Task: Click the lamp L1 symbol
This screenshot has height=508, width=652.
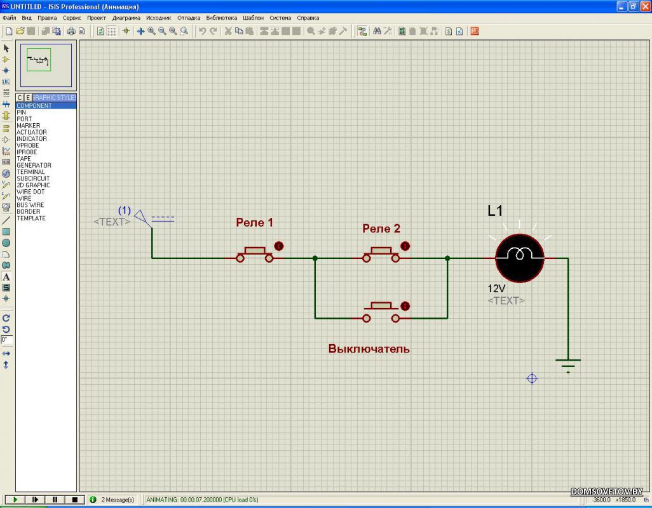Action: tap(519, 258)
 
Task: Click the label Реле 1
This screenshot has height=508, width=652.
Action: tap(254, 223)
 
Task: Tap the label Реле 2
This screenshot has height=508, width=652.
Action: tap(381, 229)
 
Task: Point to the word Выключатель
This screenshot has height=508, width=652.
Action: tap(369, 349)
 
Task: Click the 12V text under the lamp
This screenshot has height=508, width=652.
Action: tap(496, 288)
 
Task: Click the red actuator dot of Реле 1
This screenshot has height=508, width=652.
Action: tap(278, 246)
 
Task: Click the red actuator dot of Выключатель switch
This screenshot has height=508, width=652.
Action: tap(405, 306)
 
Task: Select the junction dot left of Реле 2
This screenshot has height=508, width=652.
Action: tap(315, 258)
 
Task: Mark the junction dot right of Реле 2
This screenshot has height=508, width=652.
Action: tap(447, 258)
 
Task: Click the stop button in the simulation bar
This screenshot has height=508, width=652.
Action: tap(75, 500)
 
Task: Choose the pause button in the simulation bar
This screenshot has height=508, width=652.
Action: tap(55, 500)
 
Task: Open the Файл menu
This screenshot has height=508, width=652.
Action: tap(9, 18)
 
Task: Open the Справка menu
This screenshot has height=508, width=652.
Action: tap(308, 18)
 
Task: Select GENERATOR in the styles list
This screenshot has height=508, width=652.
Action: tap(34, 165)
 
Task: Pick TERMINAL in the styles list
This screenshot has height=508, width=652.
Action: tap(31, 172)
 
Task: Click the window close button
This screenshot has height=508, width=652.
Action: tap(644, 6)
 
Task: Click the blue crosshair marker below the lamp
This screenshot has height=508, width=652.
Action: tap(533, 378)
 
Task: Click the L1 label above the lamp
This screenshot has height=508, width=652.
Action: tap(495, 211)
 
